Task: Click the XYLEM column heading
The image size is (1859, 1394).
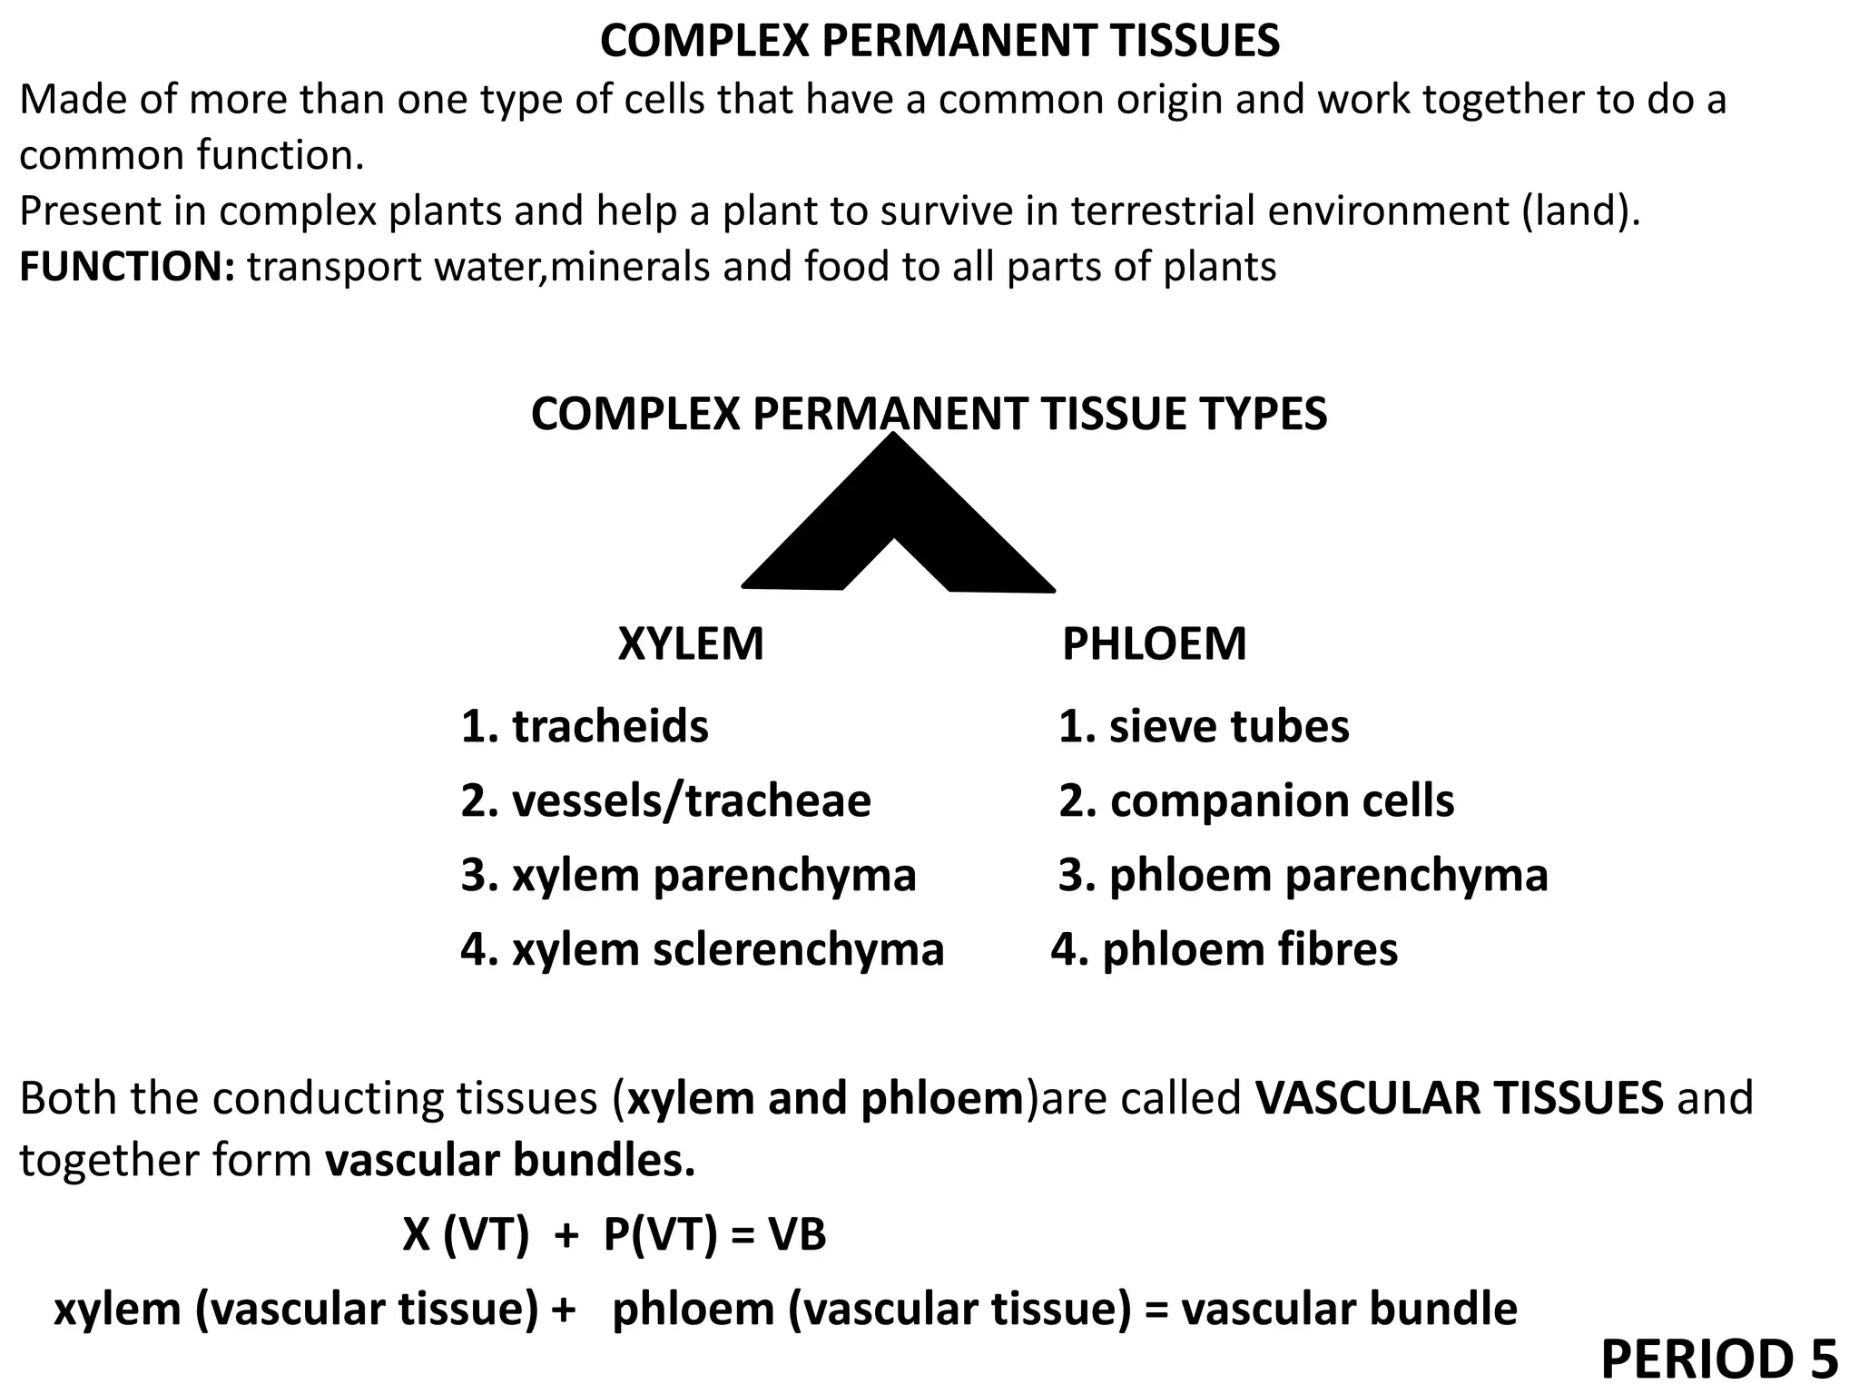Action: [691, 644]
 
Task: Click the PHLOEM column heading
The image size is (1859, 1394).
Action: [1154, 644]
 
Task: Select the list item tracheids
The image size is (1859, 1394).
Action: [585, 727]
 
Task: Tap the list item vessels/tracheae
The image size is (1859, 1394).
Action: [665, 801]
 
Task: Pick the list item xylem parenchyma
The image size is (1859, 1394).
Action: [688, 876]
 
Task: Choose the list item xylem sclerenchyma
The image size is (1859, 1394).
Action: [702, 950]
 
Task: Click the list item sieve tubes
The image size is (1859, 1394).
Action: [1204, 727]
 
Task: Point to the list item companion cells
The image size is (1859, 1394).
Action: [1256, 801]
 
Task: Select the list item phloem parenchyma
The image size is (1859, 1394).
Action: [1303, 876]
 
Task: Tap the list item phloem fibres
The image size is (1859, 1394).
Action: [1225, 950]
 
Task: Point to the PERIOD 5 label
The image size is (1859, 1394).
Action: [1719, 1360]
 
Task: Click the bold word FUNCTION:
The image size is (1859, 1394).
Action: [128, 267]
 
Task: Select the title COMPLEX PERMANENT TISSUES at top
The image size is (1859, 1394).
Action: [939, 42]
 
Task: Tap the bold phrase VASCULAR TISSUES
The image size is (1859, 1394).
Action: [1460, 1098]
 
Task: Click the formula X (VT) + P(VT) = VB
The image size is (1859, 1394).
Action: [615, 1235]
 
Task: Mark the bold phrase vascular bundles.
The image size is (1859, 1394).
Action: [510, 1161]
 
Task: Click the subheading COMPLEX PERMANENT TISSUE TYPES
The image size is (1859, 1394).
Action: [929, 415]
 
